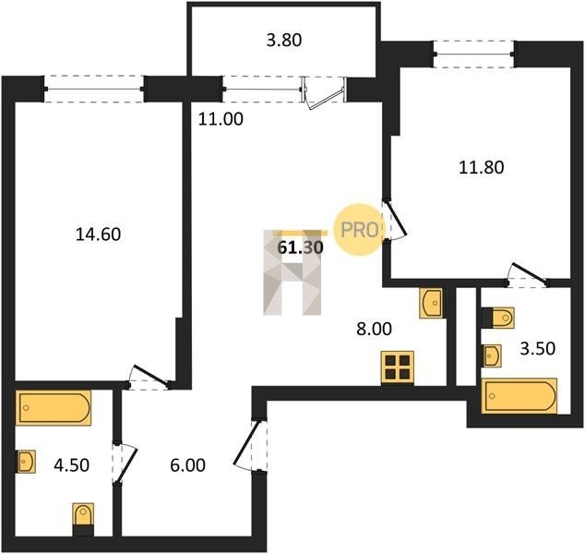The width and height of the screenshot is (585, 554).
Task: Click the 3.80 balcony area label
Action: [284, 41]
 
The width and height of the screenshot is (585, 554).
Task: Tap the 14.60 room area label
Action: [98, 235]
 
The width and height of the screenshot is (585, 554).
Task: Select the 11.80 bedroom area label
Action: [482, 167]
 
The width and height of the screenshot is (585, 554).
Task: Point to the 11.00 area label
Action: [221, 119]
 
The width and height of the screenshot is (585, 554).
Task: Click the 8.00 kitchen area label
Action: [375, 330]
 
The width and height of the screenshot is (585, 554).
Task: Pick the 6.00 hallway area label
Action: [187, 465]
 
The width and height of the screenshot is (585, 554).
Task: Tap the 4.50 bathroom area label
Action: [72, 465]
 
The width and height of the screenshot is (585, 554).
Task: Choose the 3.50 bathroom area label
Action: [538, 348]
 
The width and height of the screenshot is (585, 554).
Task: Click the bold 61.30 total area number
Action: [300, 247]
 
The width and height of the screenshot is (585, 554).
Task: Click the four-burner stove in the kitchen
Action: [398, 367]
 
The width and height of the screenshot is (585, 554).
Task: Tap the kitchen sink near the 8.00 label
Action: [431, 303]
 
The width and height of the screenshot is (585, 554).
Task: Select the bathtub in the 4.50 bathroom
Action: [54, 408]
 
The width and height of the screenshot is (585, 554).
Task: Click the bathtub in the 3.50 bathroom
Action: [519, 396]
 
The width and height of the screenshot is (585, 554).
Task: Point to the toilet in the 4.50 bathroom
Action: [83, 519]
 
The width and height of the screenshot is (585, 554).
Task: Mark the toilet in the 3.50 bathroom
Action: [498, 318]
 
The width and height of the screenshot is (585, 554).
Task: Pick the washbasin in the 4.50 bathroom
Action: [25, 462]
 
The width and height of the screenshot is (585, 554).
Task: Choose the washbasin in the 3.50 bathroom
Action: [492, 355]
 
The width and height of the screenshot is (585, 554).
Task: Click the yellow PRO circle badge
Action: [359, 230]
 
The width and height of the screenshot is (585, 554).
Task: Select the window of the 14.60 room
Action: [94, 89]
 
